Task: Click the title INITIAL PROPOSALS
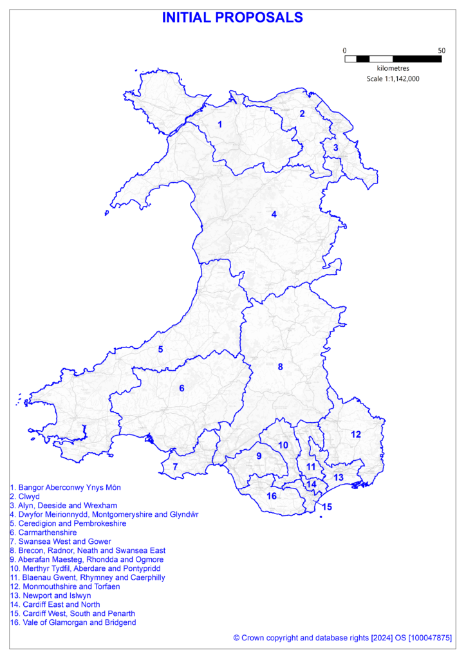tap(232, 18)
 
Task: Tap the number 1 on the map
tap(220, 124)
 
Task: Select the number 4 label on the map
tap(274, 214)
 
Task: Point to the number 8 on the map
tap(280, 367)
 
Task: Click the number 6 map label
tap(182, 388)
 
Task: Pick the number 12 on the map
tap(356, 434)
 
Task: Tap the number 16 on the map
tap(272, 496)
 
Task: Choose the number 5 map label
tap(160, 349)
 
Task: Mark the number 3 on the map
tap(335, 148)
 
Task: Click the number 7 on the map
tap(175, 467)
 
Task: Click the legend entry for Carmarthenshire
tap(43, 533)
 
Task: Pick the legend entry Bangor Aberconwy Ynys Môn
tap(65, 488)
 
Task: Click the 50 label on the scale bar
tap(442, 50)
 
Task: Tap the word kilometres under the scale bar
tap(393, 68)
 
